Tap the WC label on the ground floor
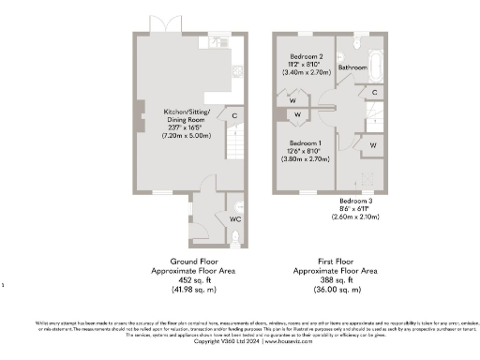click(234, 218)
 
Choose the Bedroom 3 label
click(357, 202)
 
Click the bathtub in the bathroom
click(376, 67)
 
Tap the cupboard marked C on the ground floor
click(233, 115)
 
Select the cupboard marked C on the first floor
click(373, 92)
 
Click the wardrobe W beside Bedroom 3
click(372, 145)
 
